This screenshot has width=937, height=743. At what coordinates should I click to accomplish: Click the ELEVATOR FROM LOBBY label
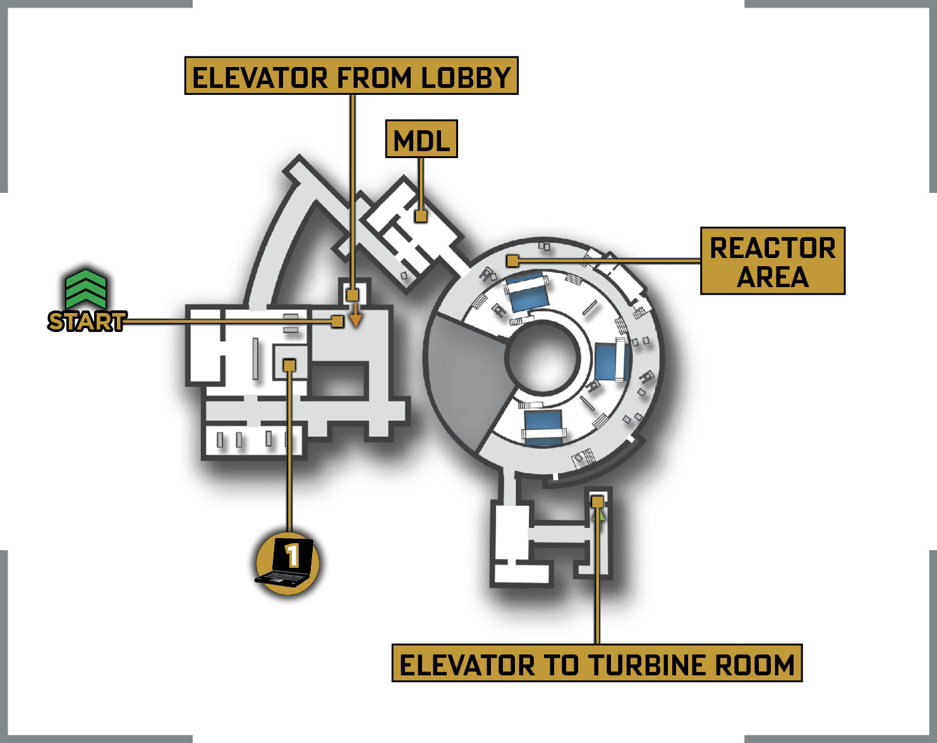point(351,75)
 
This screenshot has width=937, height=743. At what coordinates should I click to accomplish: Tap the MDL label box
point(421,138)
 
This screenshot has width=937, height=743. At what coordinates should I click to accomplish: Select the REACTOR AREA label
point(773,261)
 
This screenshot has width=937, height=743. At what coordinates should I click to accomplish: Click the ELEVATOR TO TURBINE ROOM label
point(597,663)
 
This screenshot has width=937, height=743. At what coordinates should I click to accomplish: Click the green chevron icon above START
point(86,288)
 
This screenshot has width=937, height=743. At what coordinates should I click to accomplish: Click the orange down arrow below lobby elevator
point(356,315)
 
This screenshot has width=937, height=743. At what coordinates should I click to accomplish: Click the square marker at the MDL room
point(421,216)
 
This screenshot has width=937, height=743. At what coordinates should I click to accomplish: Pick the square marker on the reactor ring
point(512,261)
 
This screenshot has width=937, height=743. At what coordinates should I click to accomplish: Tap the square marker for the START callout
point(337,322)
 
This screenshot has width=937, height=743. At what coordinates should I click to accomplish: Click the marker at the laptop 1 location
point(289,365)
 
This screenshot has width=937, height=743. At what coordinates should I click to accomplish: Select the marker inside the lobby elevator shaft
point(353,295)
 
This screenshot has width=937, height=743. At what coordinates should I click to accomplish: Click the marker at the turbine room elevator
point(597,501)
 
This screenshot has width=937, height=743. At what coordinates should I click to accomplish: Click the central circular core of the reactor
point(543,357)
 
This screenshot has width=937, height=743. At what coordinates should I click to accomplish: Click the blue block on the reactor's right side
point(612,362)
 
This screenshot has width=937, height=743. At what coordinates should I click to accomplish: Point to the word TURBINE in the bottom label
point(646,665)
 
